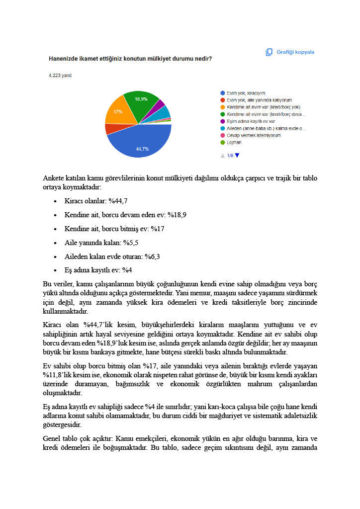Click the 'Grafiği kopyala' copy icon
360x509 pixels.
coord(269,52)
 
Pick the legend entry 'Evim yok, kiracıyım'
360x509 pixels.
coord(246,93)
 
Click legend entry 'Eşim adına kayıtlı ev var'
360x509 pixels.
coord(251,121)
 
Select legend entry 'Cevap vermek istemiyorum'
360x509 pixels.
coord(254,135)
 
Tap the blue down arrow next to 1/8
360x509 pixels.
coord(237,156)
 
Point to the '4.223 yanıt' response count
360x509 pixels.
coord(59,76)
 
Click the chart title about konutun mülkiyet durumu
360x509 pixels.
coord(130,58)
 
